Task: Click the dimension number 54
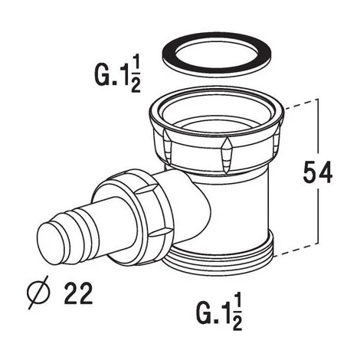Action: point(318,172)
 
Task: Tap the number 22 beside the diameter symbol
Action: point(78,293)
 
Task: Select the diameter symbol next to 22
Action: point(38,293)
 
